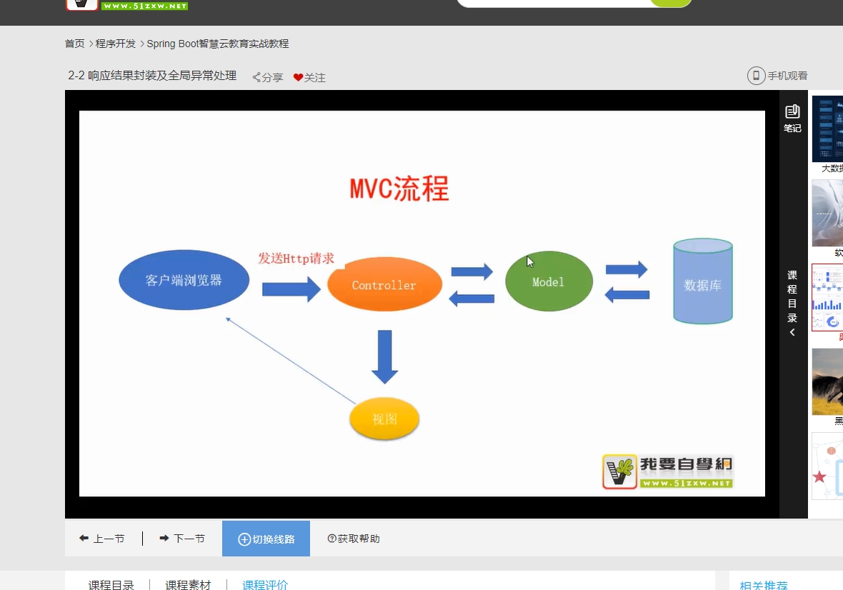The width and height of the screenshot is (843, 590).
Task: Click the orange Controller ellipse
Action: pyautogui.click(x=384, y=284)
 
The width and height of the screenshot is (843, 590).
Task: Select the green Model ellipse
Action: pyautogui.click(x=549, y=281)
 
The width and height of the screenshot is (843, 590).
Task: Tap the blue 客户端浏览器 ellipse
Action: pyautogui.click(x=184, y=280)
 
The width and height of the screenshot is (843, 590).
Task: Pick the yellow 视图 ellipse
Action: pyautogui.click(x=384, y=419)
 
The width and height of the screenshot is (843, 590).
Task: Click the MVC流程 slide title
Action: pyautogui.click(x=399, y=189)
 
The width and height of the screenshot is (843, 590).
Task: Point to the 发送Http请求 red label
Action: pyautogui.click(x=296, y=258)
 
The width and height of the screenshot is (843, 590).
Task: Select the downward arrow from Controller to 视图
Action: pyautogui.click(x=384, y=356)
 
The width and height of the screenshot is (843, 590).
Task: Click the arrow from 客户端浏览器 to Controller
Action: pyautogui.click(x=291, y=289)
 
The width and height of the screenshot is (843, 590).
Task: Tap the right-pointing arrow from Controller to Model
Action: pyautogui.click(x=472, y=271)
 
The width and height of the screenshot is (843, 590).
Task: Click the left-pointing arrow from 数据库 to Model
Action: pyautogui.click(x=627, y=294)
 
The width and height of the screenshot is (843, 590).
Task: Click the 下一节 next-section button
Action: pyautogui.click(x=182, y=539)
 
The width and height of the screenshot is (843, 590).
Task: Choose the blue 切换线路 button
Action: pyautogui.click(x=266, y=539)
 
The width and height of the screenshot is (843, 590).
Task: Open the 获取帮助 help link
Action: pyautogui.click(x=354, y=539)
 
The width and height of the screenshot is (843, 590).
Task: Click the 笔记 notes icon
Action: pyautogui.click(x=792, y=112)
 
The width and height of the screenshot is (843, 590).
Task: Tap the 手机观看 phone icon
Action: pyautogui.click(x=756, y=76)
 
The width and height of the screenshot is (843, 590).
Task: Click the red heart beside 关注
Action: pyautogui.click(x=298, y=77)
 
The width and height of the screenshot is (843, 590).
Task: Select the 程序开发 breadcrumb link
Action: pyautogui.click(x=116, y=44)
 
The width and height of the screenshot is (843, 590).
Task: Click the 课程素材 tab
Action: pyautogui.click(x=188, y=584)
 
